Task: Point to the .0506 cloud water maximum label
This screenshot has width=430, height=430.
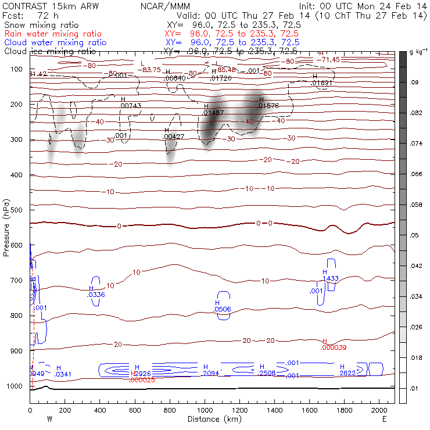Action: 222,310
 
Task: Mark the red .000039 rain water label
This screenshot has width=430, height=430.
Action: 334,347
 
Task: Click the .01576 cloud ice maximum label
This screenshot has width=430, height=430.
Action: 269,106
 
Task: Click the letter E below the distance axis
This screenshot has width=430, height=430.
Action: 384,418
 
